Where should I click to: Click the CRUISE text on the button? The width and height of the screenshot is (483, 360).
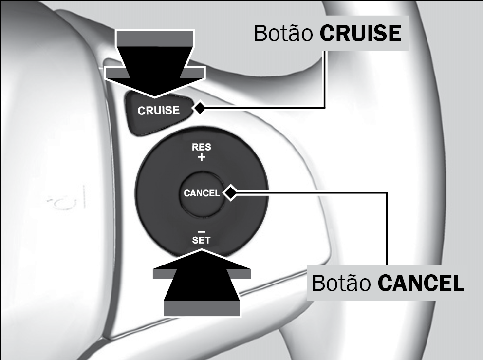[x=158, y=111]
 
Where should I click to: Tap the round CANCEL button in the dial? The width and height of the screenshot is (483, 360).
[x=202, y=193]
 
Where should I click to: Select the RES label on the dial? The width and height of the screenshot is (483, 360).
[x=202, y=147]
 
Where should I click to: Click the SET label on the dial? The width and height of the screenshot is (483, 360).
[x=201, y=240]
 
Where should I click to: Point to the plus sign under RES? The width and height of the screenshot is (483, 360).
[x=202, y=157]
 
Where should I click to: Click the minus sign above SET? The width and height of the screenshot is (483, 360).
[x=202, y=231]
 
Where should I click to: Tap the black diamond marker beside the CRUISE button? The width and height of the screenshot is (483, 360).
[x=199, y=108]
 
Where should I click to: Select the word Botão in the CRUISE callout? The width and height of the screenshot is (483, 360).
[x=283, y=33]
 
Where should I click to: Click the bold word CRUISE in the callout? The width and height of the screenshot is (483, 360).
[x=360, y=33]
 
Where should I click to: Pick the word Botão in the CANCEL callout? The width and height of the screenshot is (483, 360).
[x=341, y=283]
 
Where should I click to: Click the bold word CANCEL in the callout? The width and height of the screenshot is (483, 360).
[x=421, y=283]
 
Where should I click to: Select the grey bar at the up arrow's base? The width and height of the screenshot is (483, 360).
[x=202, y=308]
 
